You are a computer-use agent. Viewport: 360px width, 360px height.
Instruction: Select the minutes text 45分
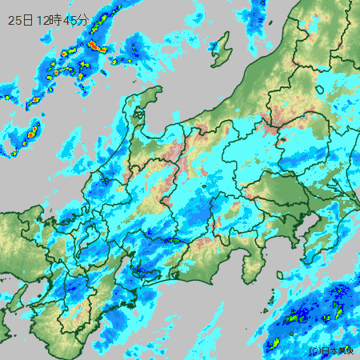pos(77,20)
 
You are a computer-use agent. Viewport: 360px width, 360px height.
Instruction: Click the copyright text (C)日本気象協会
pos(330,350)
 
